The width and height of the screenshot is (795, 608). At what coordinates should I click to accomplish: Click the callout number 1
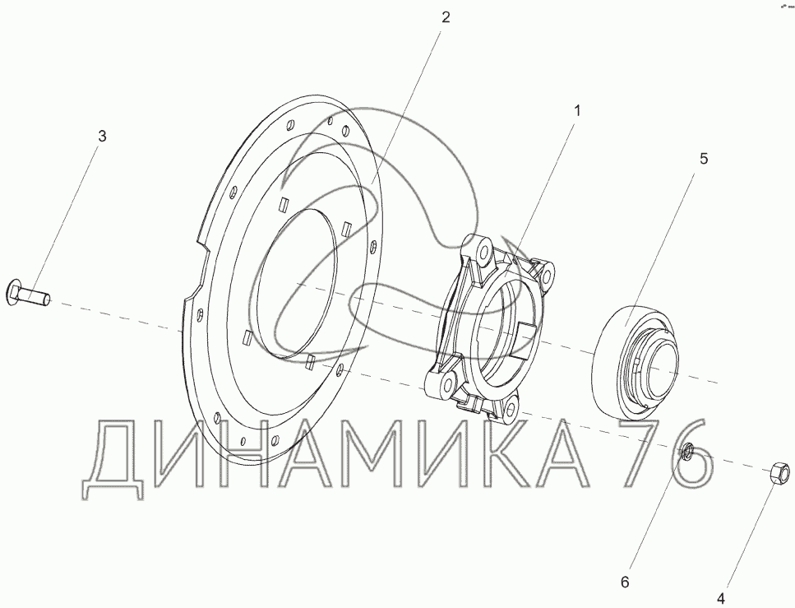pos(576,110)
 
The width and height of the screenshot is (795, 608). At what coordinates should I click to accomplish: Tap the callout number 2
pos(445,18)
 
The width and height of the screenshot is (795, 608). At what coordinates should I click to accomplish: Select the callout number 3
pos(103,136)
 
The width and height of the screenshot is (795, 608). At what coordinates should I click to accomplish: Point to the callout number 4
pos(720,597)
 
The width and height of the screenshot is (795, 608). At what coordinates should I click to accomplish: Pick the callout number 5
pos(704,159)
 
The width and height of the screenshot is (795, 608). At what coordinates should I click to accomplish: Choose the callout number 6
pos(625,582)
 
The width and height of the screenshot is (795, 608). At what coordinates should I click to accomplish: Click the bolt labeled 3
pos(28,295)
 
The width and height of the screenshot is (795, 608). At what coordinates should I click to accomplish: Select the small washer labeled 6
pos(688,451)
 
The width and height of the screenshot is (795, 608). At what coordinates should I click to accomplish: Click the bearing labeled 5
pos(637,362)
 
